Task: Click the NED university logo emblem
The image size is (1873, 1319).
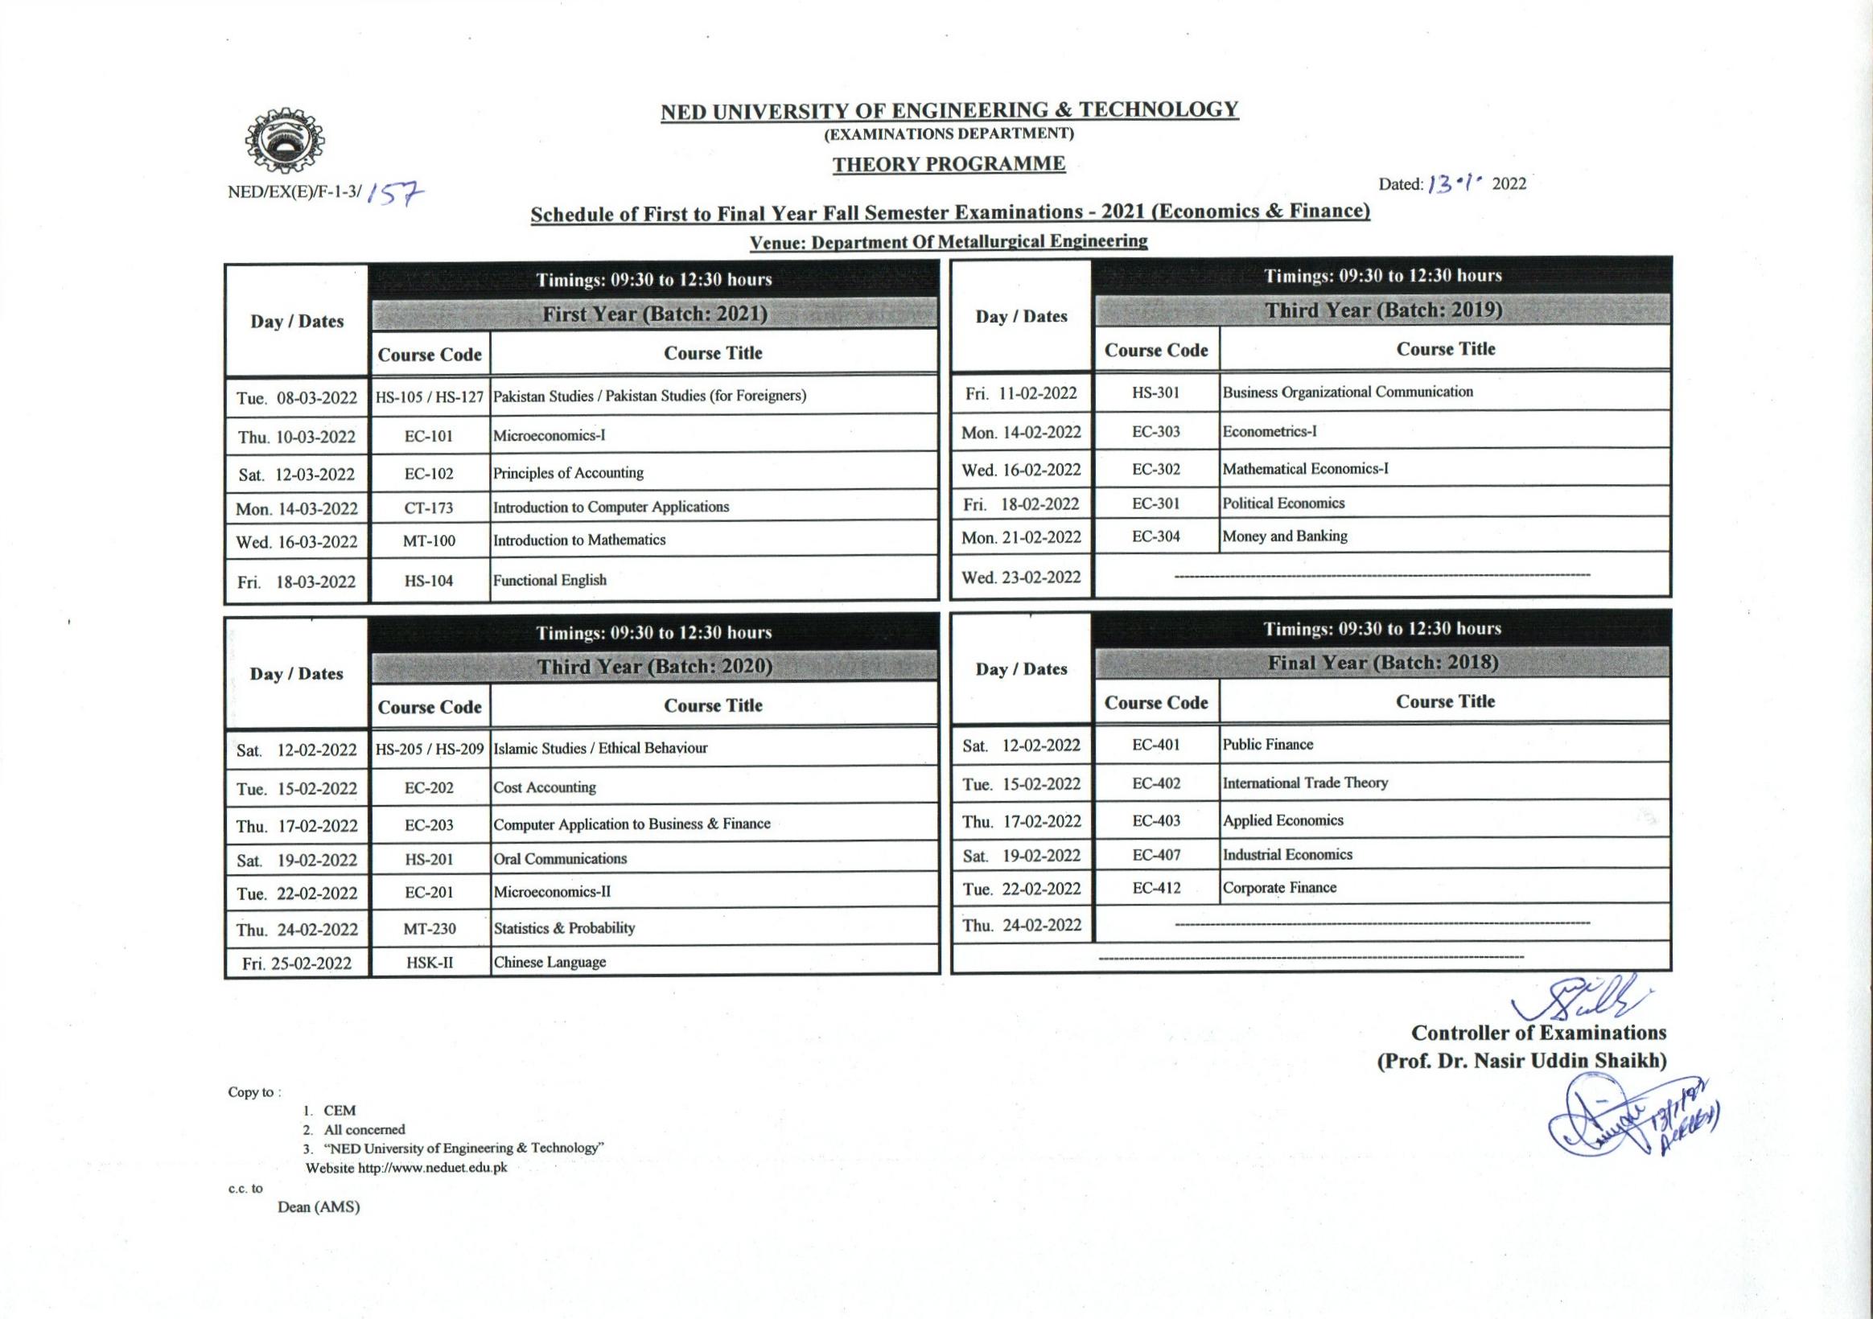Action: click(x=284, y=140)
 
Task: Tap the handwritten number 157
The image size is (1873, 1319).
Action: click(x=396, y=192)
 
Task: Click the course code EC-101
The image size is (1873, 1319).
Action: click(x=429, y=436)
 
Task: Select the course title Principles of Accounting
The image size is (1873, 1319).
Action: click(x=568, y=472)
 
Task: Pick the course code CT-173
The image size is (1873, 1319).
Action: click(x=429, y=508)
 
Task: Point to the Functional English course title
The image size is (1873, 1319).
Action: click(x=550, y=580)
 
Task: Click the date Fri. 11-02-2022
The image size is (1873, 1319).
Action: click(x=1020, y=393)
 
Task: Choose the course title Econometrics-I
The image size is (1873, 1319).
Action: click(x=1270, y=432)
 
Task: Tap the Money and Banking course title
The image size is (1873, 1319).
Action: click(x=1285, y=536)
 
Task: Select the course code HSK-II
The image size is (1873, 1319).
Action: click(x=429, y=963)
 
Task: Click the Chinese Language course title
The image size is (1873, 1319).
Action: click(x=550, y=962)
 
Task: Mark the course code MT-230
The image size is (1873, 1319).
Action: click(x=429, y=928)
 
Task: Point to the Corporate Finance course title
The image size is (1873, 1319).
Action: click(x=1279, y=887)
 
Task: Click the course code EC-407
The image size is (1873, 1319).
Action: click(x=1156, y=855)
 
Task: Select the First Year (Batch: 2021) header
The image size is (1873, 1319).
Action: click(x=654, y=314)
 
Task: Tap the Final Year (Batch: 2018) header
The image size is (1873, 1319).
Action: click(x=1383, y=663)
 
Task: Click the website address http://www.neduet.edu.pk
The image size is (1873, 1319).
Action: click(x=432, y=1167)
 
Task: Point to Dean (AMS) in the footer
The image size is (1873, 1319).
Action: click(x=318, y=1206)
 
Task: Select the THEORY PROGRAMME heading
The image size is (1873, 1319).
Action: click(x=949, y=164)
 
